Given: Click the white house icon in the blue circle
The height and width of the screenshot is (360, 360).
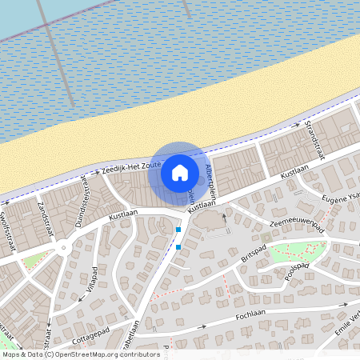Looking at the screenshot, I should click(180, 172).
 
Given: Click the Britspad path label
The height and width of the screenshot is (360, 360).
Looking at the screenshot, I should click(254, 257).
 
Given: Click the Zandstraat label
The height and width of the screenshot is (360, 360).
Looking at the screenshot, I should click(42, 215).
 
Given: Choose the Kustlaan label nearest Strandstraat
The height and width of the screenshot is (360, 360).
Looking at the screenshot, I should click(294, 172).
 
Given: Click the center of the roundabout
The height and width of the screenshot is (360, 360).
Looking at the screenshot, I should click(63, 249).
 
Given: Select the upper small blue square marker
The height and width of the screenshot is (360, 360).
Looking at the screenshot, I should click(178, 230).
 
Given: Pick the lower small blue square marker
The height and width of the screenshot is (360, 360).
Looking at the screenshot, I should click(178, 246).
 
